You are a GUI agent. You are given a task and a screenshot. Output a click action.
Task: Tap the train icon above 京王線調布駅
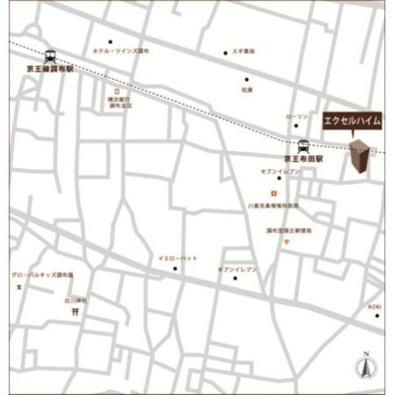50,55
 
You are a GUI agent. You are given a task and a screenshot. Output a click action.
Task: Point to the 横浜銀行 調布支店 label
118,103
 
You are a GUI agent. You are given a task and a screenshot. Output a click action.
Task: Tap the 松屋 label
246,91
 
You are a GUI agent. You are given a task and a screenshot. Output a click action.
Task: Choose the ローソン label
296,116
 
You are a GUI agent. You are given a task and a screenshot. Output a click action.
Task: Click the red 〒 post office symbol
285,243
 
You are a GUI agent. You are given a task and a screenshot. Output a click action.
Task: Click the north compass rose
364,365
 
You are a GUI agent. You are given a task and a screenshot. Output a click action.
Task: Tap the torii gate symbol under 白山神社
75,311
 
